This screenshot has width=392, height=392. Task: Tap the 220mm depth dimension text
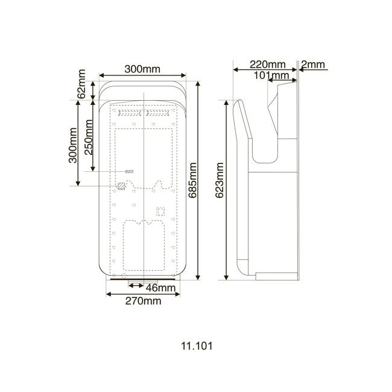[x=267, y=65]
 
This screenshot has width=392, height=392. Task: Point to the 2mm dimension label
[x=313, y=65]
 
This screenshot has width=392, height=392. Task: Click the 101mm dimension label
[x=269, y=75]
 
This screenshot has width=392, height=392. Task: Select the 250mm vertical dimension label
[x=89, y=138]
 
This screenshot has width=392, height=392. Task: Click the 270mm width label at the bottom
[x=143, y=301]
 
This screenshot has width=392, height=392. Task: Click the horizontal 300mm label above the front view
[x=142, y=69]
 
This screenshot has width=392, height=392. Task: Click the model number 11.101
[x=196, y=347]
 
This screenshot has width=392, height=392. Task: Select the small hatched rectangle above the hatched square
[x=129, y=172]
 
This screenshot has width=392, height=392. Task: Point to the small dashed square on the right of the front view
[x=161, y=211]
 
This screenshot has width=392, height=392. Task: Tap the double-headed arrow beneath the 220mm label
[x=265, y=70]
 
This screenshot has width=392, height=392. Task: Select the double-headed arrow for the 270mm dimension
[x=143, y=294]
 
